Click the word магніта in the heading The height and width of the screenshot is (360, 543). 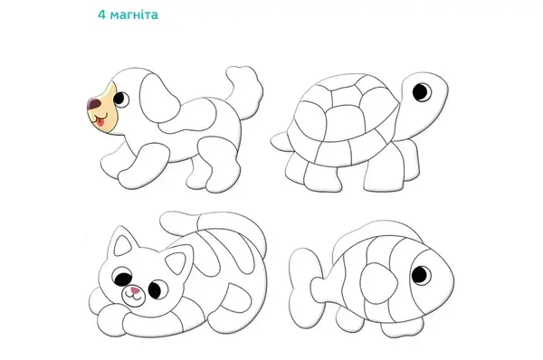[x=134, y=14]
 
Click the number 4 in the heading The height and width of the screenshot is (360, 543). [x=101, y=14]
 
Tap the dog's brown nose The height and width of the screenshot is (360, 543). [x=93, y=103]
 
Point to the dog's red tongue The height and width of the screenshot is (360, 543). [x=100, y=122]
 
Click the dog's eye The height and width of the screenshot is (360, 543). [x=120, y=99]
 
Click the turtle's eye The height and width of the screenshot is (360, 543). [x=422, y=91]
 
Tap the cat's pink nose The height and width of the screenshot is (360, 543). [x=135, y=290]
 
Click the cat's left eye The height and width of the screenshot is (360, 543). [x=122, y=276]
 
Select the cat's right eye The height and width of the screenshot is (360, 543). [x=157, y=288]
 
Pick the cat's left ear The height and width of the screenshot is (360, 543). [x=123, y=242]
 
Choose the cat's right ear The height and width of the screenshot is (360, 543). [x=178, y=260]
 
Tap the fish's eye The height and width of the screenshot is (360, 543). [x=421, y=274]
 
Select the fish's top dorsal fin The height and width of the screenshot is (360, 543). [x=374, y=232]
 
